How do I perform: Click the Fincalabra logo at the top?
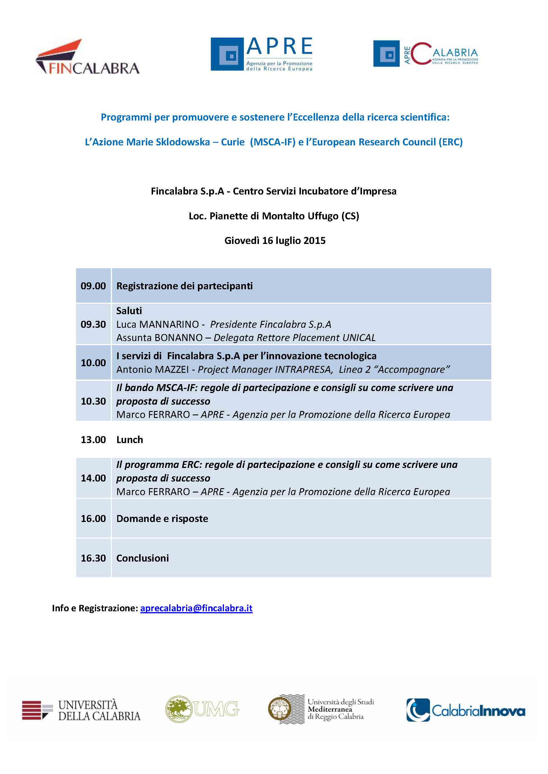click(x=87, y=57)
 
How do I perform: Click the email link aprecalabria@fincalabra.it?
click(x=196, y=608)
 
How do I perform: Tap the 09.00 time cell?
click(x=93, y=286)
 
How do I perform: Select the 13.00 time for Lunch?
click(x=93, y=440)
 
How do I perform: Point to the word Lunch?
click(x=130, y=440)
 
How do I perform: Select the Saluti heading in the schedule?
click(x=129, y=310)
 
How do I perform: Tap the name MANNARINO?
click(x=169, y=324)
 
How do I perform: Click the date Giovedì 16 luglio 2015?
click(x=275, y=240)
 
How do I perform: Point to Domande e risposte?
click(x=162, y=519)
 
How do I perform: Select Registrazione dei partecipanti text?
click(x=184, y=286)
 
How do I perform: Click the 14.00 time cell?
click(x=93, y=478)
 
